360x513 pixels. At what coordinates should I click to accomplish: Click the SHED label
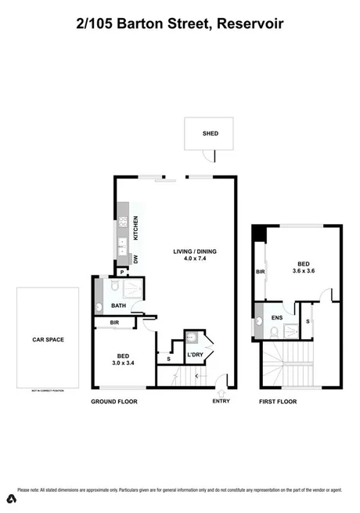pos(210,134)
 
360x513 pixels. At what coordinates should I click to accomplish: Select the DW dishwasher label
pos(135,260)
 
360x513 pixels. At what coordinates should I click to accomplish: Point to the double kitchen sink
pos(122,247)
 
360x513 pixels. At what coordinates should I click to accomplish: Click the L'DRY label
pos(196,356)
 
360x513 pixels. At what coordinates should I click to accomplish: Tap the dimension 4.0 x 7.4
pos(195,259)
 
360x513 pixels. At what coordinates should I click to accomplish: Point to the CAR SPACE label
pos(48,340)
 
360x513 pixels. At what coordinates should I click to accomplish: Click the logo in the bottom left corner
pos(11,499)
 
